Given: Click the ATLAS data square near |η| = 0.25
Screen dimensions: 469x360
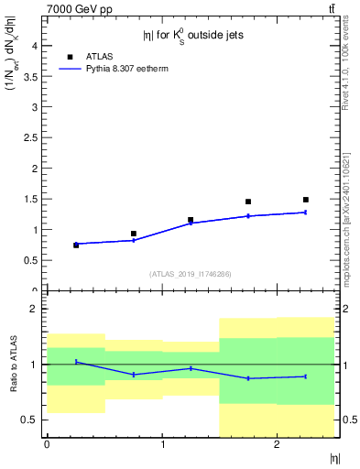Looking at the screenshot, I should coord(76,245).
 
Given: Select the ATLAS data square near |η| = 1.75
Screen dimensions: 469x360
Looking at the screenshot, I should coord(248,202).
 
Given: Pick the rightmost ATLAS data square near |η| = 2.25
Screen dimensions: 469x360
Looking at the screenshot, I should coord(306,200).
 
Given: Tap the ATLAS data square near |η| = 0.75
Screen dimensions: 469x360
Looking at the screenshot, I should coord(134,234).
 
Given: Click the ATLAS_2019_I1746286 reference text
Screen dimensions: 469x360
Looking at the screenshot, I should coord(190,274).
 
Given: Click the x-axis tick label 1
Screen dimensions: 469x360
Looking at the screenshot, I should coord(162,444).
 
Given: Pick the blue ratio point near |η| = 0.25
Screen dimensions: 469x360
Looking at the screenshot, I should coord(76,362).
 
